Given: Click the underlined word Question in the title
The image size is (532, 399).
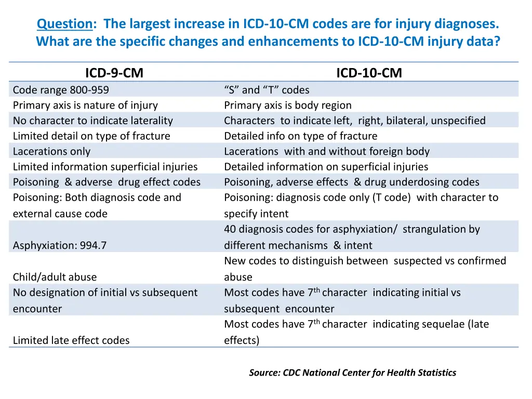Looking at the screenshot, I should [x=64, y=24].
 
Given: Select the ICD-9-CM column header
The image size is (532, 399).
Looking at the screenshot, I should [x=114, y=73].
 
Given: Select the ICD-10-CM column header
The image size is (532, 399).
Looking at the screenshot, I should [x=369, y=73].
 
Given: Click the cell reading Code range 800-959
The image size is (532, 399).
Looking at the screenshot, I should [x=61, y=90].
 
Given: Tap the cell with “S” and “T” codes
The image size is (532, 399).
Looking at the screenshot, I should [x=267, y=90].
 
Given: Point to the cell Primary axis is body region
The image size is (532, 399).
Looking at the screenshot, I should [x=287, y=105].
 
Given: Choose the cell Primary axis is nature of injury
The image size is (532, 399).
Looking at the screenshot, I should [x=85, y=105].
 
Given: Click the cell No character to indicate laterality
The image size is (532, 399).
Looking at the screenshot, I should [x=92, y=121].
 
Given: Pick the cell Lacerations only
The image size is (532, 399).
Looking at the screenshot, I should [x=51, y=151].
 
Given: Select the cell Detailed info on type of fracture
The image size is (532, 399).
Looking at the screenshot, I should [x=300, y=136].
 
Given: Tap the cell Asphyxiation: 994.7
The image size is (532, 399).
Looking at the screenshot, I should [x=60, y=245].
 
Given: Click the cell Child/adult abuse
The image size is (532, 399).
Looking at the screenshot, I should [x=55, y=277].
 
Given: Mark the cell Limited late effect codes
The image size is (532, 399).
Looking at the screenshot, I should [x=71, y=340].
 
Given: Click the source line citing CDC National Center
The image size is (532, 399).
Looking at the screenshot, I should [x=352, y=373].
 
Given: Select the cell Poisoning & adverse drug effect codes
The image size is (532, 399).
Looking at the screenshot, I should [x=107, y=182].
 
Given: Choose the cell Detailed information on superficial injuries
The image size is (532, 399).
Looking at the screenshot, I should [x=326, y=167].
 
